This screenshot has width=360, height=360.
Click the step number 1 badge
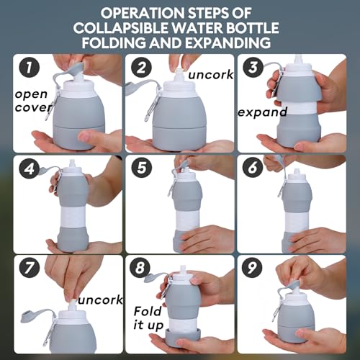pyautogui.click(x=29, y=67)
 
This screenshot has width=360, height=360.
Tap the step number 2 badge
pyautogui.click(x=141, y=67)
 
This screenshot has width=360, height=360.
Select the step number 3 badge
pyautogui.click(x=253, y=67)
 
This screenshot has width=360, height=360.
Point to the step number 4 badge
pyautogui.click(x=29, y=168)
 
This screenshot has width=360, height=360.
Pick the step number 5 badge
pyautogui.click(x=141, y=167)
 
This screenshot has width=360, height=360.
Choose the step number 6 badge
pyautogui.click(x=253, y=167)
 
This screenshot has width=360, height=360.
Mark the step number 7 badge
pyautogui.click(x=29, y=268)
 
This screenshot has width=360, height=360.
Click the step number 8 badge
pyautogui.click(x=140, y=267)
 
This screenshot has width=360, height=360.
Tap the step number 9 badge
pyautogui.click(x=252, y=267)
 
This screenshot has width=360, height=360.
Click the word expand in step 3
pyautogui.click(x=263, y=112)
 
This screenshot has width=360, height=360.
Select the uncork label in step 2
pyautogui.click(x=210, y=75)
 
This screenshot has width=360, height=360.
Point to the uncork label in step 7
pyautogui.click(x=100, y=300)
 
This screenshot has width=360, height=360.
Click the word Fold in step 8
pyautogui.click(x=148, y=311)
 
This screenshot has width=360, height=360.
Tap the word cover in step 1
pyautogui.click(x=33, y=107)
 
